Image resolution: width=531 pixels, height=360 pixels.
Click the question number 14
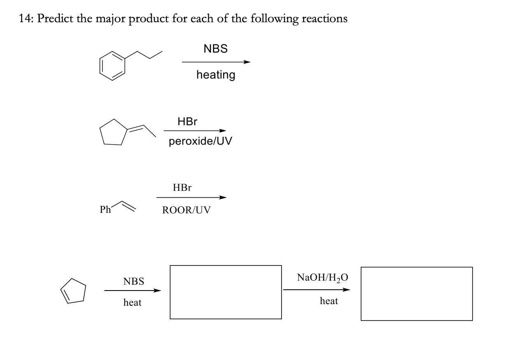[x=25, y=19]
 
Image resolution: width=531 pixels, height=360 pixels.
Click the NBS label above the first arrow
[x=215, y=49]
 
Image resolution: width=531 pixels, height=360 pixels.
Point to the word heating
[x=216, y=75]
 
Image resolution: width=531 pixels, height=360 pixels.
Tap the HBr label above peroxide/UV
[x=187, y=122]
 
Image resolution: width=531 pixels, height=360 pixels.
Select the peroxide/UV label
[x=200, y=141]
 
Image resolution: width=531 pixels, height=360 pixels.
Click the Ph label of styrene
[x=106, y=210]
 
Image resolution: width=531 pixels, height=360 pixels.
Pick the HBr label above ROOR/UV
[x=182, y=188]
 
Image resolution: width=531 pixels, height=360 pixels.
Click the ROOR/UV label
[x=186, y=210]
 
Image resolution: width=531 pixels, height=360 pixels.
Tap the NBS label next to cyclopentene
[x=134, y=282]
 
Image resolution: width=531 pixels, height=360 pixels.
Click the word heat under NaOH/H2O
[x=329, y=301]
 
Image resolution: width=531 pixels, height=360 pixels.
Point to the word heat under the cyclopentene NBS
[x=132, y=303]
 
